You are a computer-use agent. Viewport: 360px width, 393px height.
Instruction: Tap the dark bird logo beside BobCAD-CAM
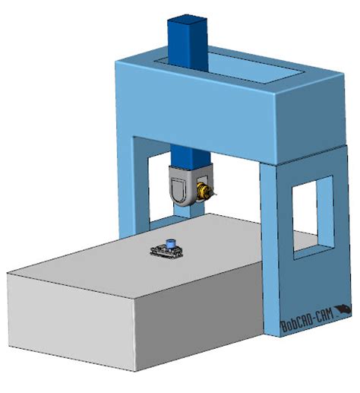pyautogui.click(x=343, y=310)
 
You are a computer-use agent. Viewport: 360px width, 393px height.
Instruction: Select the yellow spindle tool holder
pyautogui.click(x=204, y=191)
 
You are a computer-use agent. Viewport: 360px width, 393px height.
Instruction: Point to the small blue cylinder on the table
pyautogui.click(x=169, y=244)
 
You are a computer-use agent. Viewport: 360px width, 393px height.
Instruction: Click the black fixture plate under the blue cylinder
pyautogui.click(x=166, y=252)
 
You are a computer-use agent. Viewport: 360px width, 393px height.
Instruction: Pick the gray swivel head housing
pyautogui.click(x=191, y=185)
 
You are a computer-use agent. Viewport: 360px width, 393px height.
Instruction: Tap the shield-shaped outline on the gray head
pyautogui.click(x=179, y=189)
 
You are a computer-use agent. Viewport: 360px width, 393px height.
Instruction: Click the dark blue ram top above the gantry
pyautogui.click(x=188, y=42)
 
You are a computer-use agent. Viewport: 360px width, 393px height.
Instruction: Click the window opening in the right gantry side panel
pyautogui.click(x=313, y=217)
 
